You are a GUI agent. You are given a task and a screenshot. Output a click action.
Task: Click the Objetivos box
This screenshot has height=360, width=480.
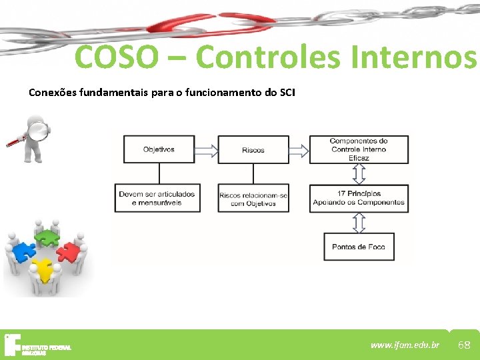(x=159, y=149)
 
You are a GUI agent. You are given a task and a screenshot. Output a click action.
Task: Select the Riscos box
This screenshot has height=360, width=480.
(x=253, y=150)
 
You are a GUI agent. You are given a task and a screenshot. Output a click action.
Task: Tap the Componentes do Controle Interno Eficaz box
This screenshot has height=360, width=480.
(x=359, y=149)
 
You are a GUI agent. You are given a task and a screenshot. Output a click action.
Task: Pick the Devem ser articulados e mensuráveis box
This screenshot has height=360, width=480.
(x=157, y=198)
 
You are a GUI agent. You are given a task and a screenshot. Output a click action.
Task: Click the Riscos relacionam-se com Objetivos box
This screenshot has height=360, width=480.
(x=253, y=198)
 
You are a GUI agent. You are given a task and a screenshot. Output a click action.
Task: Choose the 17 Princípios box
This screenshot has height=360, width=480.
(x=359, y=198)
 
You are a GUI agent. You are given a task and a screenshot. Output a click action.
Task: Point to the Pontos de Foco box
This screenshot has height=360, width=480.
(x=359, y=247)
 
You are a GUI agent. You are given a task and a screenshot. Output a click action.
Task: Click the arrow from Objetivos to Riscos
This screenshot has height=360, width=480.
(x=206, y=150)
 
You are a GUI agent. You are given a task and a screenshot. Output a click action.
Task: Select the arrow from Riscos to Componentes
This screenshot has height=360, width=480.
(x=299, y=150)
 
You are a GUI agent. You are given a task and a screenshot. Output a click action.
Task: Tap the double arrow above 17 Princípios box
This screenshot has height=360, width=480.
(x=359, y=174)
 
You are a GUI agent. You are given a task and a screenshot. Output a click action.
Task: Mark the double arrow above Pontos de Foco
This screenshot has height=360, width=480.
(x=359, y=223)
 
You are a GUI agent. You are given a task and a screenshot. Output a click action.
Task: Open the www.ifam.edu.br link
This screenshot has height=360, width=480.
(x=405, y=345)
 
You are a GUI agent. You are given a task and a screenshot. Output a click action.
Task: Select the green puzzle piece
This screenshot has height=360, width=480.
(x=47, y=236)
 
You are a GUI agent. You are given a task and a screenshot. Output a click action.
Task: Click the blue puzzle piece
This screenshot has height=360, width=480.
(x=24, y=253)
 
